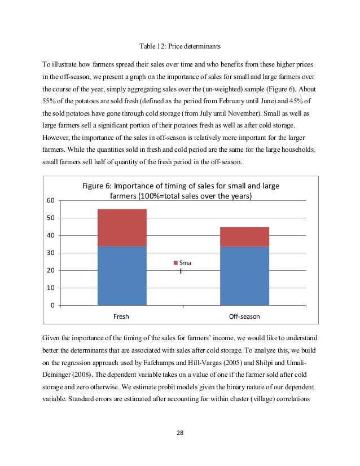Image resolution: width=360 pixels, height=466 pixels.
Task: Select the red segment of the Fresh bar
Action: click(122, 227)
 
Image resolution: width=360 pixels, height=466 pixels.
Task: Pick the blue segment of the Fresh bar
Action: click(122, 275)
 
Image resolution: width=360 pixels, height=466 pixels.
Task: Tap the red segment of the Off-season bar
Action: click(244, 237)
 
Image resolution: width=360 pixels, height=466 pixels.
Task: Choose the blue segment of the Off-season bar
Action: click(244, 276)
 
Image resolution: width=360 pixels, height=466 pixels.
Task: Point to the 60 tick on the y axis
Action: click(51, 201)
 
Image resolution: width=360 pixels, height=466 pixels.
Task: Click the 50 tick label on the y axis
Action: click(51, 218)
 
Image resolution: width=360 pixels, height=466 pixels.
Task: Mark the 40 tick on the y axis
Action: click(51, 236)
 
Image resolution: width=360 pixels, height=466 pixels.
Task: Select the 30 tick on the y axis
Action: click(51, 253)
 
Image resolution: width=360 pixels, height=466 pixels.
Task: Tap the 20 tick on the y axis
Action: click(51, 271)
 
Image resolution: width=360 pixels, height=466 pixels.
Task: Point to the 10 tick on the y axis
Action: click(51, 288)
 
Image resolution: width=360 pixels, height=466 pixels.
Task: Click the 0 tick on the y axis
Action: click(52, 306)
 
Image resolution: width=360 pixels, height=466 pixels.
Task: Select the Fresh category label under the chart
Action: click(121, 316)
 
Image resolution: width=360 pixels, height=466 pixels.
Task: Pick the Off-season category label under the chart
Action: click(244, 316)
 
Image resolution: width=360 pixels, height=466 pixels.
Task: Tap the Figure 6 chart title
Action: click(181, 191)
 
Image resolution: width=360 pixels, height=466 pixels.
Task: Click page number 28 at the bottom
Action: click(179, 433)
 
